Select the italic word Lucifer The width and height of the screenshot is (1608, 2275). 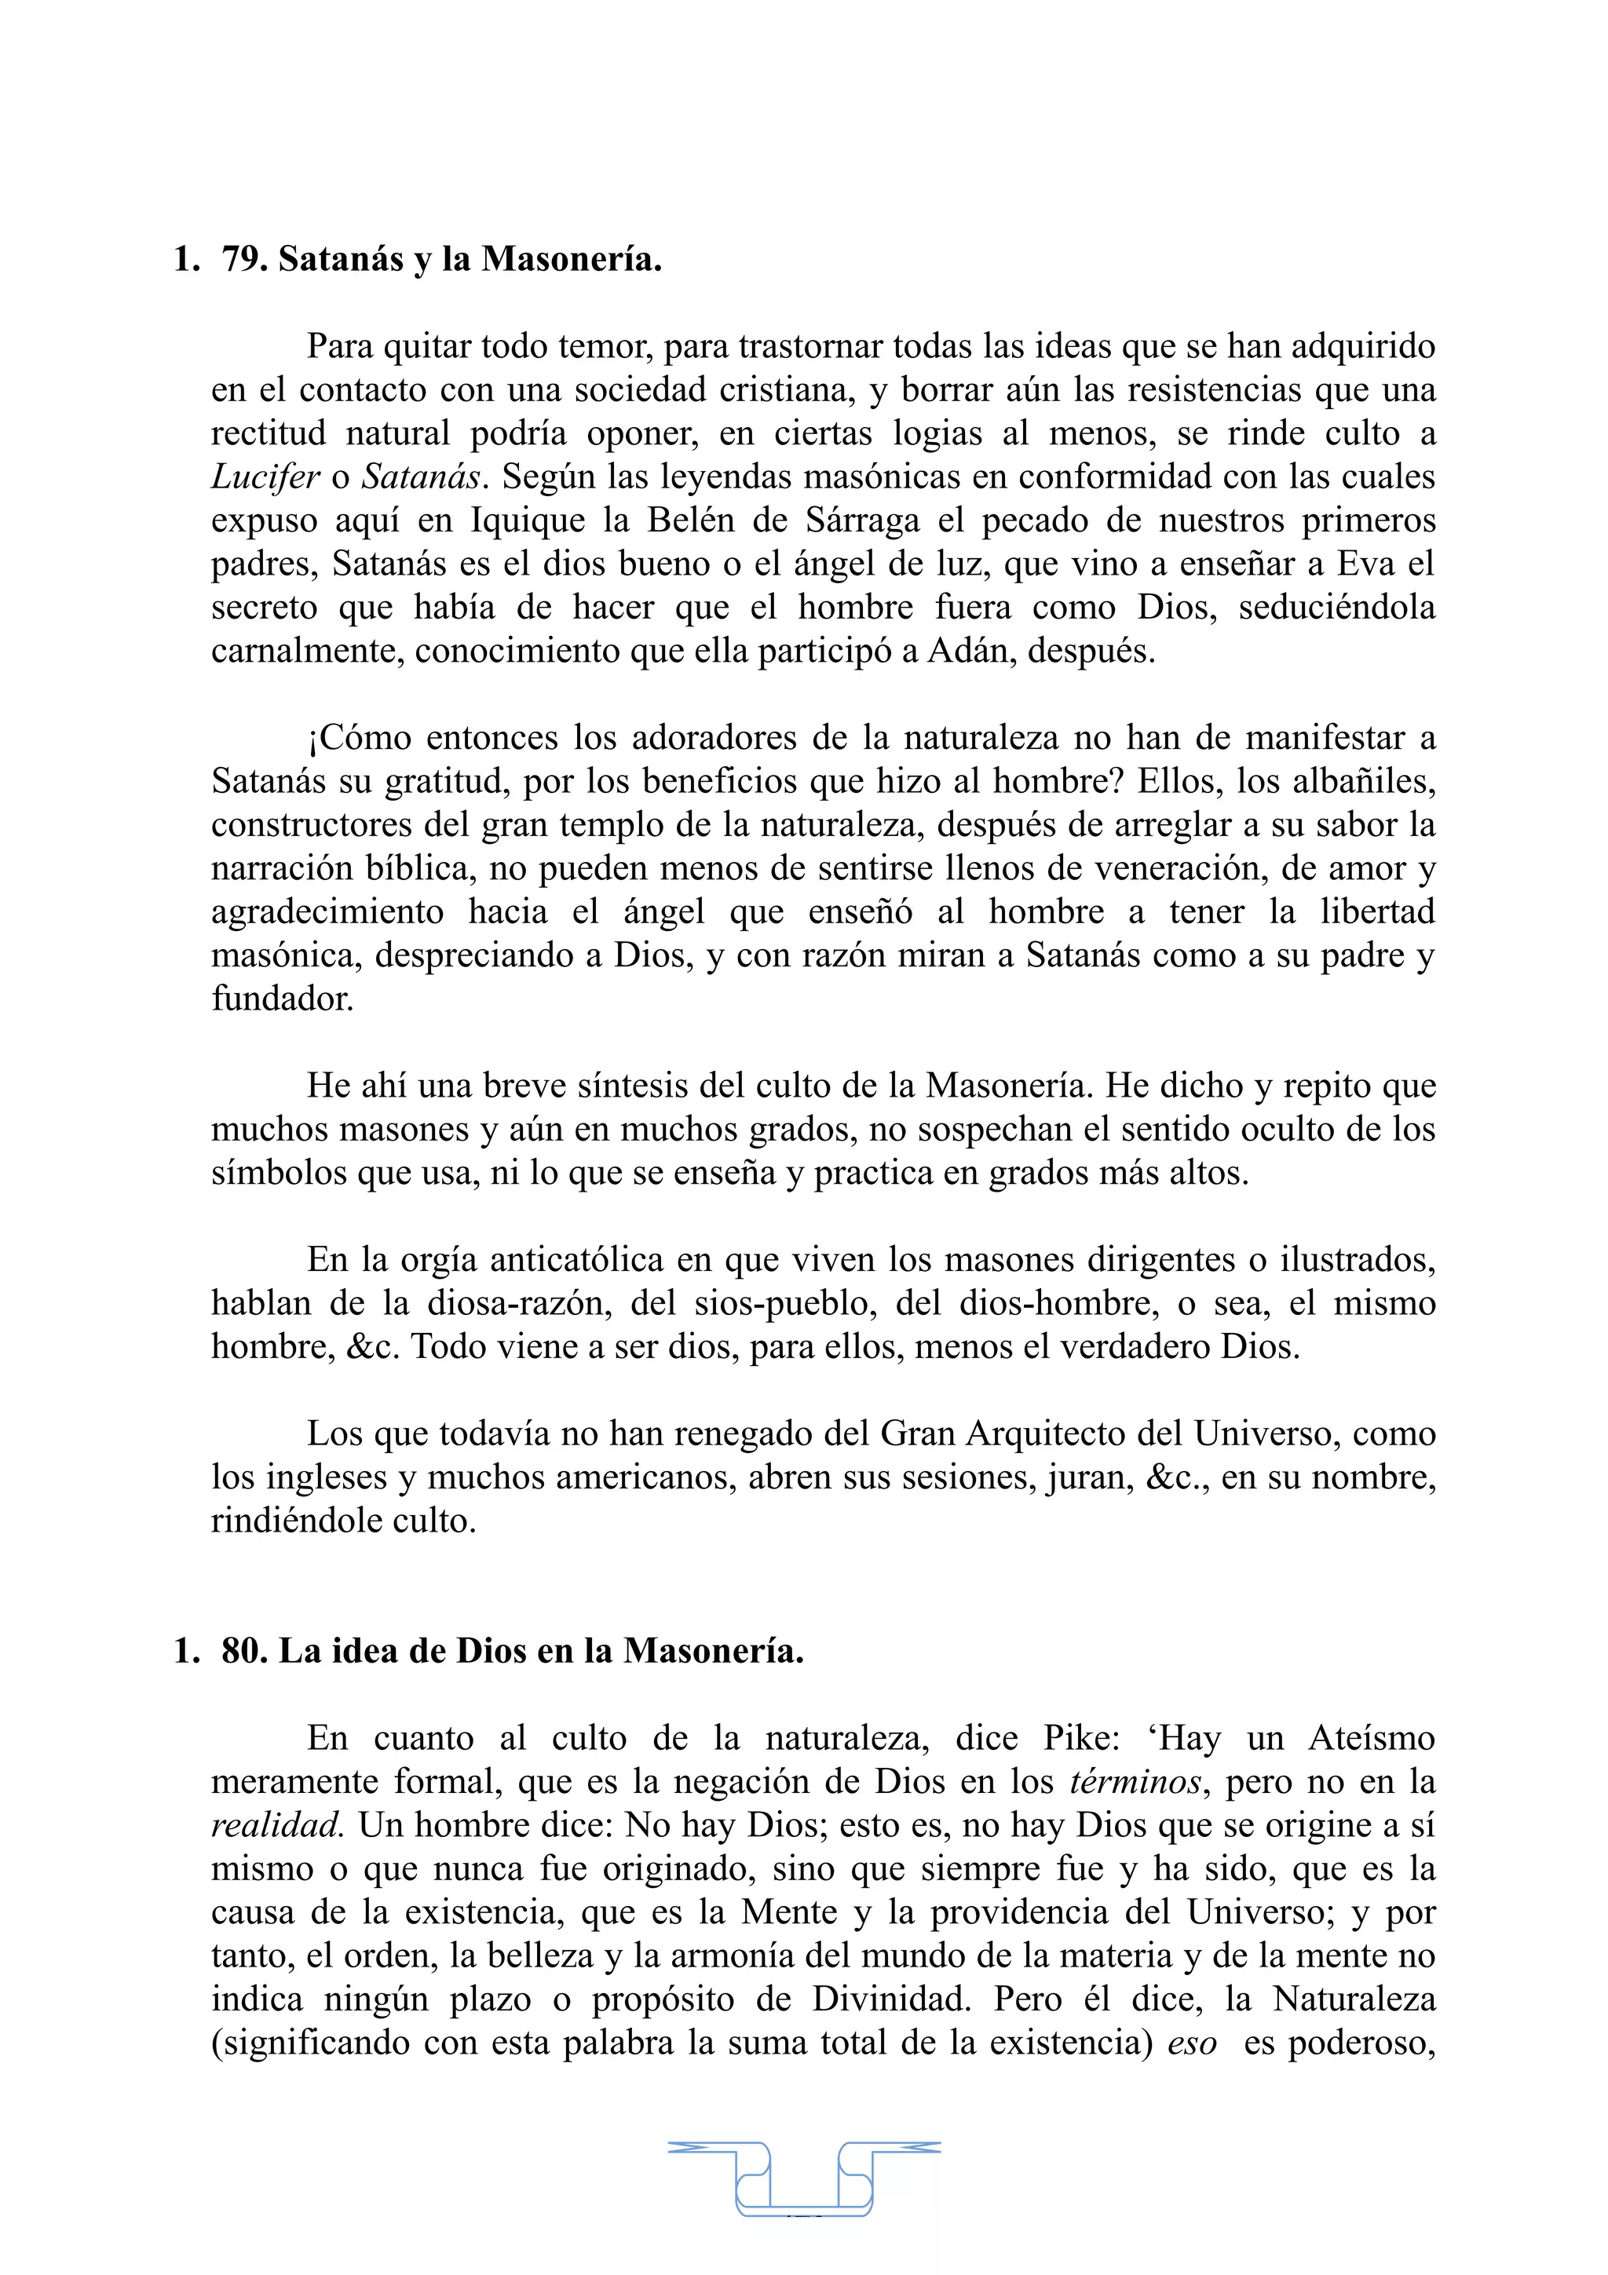pyautogui.click(x=265, y=477)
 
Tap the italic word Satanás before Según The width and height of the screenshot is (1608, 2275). pyautogui.click(x=420, y=477)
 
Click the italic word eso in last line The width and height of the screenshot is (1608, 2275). pyautogui.click(x=1191, y=2043)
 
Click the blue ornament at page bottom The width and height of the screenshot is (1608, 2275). pyautogui.click(x=803, y=2177)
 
